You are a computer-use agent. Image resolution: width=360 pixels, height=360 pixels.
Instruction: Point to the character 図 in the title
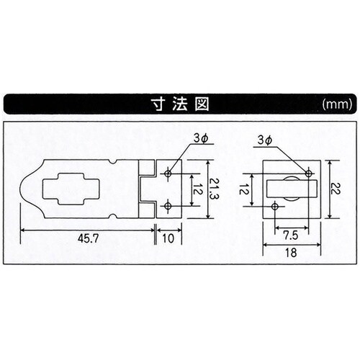(x=201, y=103)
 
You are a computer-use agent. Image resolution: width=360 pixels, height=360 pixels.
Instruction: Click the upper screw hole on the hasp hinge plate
(x=168, y=174)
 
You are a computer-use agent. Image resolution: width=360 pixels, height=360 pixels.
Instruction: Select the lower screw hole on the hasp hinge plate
(x=168, y=207)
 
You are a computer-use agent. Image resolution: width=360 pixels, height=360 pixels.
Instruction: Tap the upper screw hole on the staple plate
(x=309, y=174)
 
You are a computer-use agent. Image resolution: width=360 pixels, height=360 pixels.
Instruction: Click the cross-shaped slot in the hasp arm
(x=71, y=190)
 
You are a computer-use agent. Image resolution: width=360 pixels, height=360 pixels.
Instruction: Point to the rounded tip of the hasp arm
(x=22, y=190)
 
